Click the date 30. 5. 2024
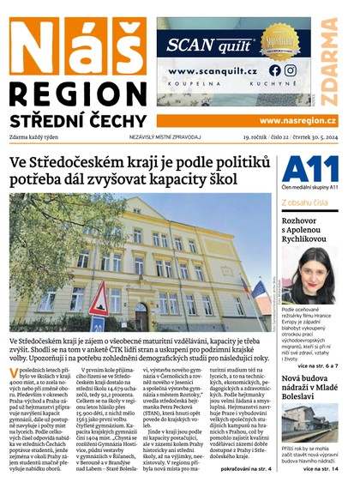click(x=318, y=136)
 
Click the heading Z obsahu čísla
click(x=303, y=202)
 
